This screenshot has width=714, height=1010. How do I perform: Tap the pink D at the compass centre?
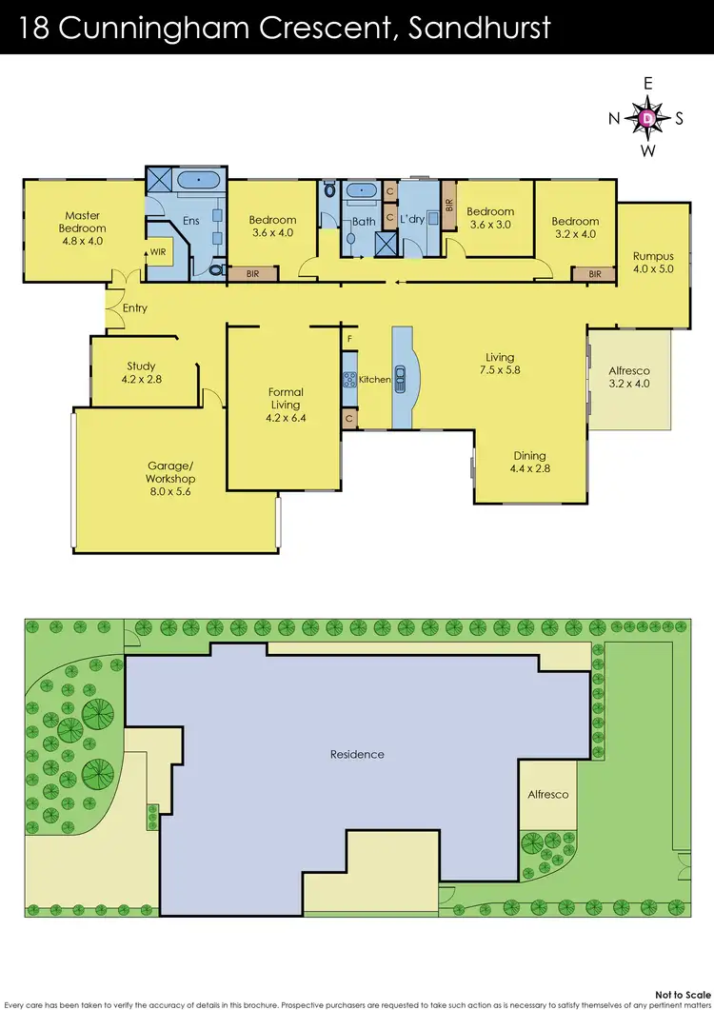[647, 119]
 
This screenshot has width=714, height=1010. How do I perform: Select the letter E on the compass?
[647, 84]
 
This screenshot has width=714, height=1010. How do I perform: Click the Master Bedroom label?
[82, 222]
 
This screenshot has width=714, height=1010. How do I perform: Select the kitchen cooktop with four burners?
[349, 379]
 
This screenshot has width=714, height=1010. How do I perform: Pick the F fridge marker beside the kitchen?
[349, 339]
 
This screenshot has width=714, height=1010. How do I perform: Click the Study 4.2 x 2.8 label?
[141, 372]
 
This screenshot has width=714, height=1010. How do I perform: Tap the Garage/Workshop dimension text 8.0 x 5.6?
[170, 492]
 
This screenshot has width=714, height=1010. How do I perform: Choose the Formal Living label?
[286, 398]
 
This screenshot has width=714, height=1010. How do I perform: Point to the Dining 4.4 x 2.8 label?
[530, 462]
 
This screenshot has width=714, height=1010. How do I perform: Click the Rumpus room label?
[653, 262]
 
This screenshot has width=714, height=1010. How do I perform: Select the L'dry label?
[411, 220]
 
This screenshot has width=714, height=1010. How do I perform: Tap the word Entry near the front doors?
[135, 308]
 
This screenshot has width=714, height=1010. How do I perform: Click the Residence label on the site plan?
[357, 754]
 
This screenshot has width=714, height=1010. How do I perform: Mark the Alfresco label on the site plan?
[548, 794]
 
